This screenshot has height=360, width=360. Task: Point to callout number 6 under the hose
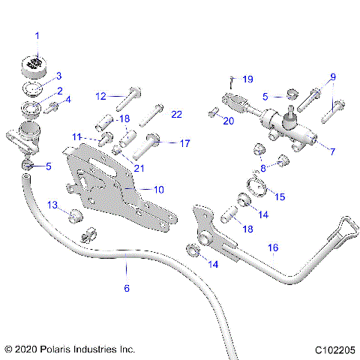click(127, 288)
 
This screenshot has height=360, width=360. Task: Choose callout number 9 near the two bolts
click(333, 76)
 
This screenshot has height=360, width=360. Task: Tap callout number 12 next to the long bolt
click(100, 95)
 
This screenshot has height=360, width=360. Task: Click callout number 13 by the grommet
click(53, 205)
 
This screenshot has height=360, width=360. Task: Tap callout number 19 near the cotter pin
click(247, 79)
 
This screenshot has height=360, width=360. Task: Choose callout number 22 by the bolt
click(176, 114)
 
